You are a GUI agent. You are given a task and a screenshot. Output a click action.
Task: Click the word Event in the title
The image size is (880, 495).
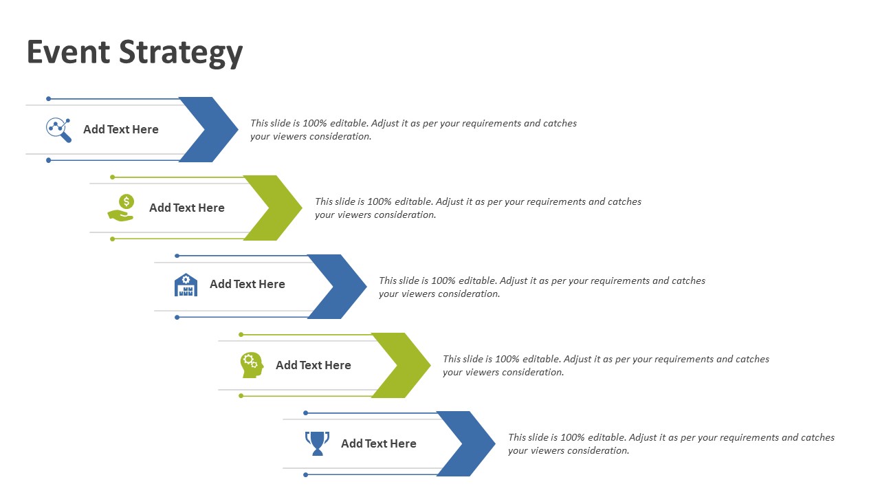pyautogui.click(x=68, y=52)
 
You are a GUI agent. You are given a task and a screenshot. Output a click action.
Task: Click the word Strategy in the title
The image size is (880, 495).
pyautogui.click(x=181, y=54)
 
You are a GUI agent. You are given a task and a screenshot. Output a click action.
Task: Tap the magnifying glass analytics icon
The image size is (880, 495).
pyautogui.click(x=59, y=129)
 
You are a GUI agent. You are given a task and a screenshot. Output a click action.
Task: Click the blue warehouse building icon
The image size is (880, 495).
pyautogui.click(x=186, y=285)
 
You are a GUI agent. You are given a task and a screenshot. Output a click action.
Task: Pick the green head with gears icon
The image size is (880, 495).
pyautogui.click(x=252, y=364)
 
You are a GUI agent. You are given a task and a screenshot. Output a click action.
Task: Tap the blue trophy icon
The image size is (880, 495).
pyautogui.click(x=317, y=443)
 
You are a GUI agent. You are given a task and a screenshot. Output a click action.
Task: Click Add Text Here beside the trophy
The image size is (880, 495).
pyautogui.click(x=378, y=443)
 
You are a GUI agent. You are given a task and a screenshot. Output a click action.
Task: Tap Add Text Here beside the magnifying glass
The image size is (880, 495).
pyautogui.click(x=121, y=129)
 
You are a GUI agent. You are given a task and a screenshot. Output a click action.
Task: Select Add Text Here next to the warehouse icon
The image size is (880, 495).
pyautogui.click(x=247, y=284)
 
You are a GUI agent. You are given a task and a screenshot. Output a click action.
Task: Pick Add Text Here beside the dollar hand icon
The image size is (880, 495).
pyautogui.click(x=186, y=208)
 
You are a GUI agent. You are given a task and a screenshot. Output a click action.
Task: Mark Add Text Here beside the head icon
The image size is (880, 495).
pyautogui.click(x=313, y=365)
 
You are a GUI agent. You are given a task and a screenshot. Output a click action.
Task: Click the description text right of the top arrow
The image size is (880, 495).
pyautogui.click(x=413, y=129)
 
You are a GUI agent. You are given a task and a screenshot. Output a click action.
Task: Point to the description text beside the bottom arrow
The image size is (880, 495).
pyautogui.click(x=671, y=443)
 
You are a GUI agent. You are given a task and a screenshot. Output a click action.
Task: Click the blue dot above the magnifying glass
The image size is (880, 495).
pyautogui.click(x=48, y=99)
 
